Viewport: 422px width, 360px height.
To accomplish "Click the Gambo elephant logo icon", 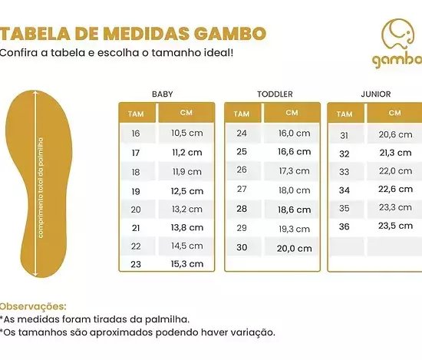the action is pyautogui.click(x=397, y=34).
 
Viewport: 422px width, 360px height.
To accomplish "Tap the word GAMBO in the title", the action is pyautogui.click(x=230, y=34).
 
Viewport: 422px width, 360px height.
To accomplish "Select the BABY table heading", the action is pyautogui.click(x=163, y=94).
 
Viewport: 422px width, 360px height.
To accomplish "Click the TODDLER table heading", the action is pyautogui.click(x=275, y=94).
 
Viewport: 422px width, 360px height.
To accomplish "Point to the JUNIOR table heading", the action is pyautogui.click(x=376, y=94).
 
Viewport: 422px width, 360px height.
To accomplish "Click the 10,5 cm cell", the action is pyautogui.click(x=187, y=133).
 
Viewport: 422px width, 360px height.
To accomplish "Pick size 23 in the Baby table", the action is pyautogui.click(x=136, y=264).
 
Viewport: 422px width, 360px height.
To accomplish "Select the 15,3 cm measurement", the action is pyautogui.click(x=187, y=264).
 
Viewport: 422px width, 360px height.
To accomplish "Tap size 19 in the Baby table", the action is pyautogui.click(x=136, y=191).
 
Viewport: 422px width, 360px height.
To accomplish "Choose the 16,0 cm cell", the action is pyautogui.click(x=294, y=133).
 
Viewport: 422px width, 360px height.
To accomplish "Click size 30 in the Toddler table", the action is pyautogui.click(x=242, y=247).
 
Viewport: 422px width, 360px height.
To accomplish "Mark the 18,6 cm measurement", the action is pyautogui.click(x=294, y=210).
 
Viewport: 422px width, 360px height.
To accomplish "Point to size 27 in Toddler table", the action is pyautogui.click(x=242, y=189).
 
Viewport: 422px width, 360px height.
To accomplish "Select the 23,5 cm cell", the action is pyautogui.click(x=395, y=226).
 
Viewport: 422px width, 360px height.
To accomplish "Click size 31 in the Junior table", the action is pyautogui.click(x=345, y=135).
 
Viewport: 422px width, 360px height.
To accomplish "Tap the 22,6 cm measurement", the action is pyautogui.click(x=395, y=189).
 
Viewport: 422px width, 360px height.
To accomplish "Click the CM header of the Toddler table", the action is pyautogui.click(x=292, y=113).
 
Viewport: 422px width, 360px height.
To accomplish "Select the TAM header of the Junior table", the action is pyautogui.click(x=345, y=114).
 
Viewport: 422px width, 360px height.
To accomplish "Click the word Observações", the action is pyautogui.click(x=33, y=307).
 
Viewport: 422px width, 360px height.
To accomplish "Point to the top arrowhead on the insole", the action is pyautogui.click(x=35, y=93).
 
